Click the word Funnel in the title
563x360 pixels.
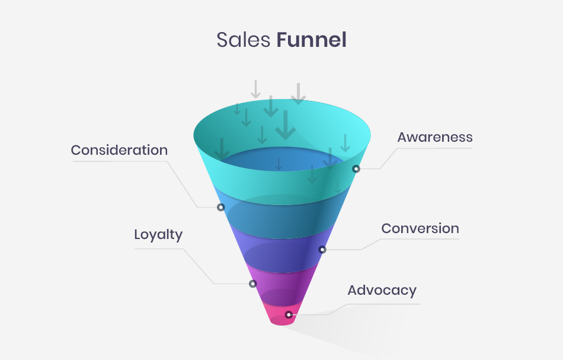pyautogui.click(x=311, y=40)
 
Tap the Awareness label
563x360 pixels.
pyautogui.click(x=435, y=137)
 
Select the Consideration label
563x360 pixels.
pyautogui.click(x=119, y=150)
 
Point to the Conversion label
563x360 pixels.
pyautogui.click(x=420, y=228)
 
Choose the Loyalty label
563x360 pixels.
pyautogui.click(x=158, y=234)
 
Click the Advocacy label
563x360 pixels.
pyautogui.click(x=382, y=290)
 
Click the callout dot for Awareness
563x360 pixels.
pyautogui.click(x=356, y=169)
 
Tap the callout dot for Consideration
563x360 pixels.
pyautogui.click(x=220, y=208)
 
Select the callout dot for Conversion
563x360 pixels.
pyautogui.click(x=322, y=250)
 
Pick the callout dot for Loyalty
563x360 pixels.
pyautogui.click(x=252, y=284)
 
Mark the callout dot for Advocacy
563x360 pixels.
pyautogui.click(x=289, y=315)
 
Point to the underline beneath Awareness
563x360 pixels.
pyautogui.click(x=435, y=148)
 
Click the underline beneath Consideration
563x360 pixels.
pyautogui.click(x=119, y=161)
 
